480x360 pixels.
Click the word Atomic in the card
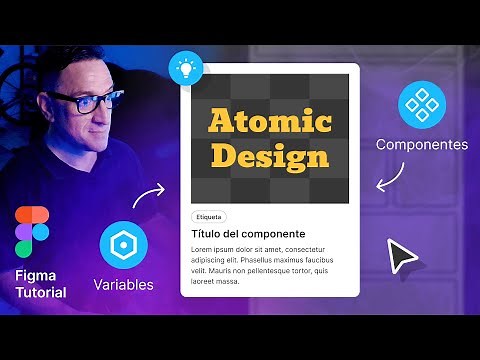[x=269, y=122]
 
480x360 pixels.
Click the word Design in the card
[x=269, y=156]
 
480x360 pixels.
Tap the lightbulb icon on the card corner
[x=184, y=67]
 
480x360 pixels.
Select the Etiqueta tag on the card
[x=209, y=216]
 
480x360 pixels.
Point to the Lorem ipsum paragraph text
[x=262, y=264]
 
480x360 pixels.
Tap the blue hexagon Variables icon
[x=124, y=246]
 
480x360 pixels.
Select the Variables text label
[x=124, y=285]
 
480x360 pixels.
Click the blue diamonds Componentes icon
[x=421, y=105]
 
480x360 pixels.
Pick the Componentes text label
[x=421, y=145]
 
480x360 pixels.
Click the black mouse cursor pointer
[x=402, y=257]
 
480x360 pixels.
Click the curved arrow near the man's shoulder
[x=151, y=192]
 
